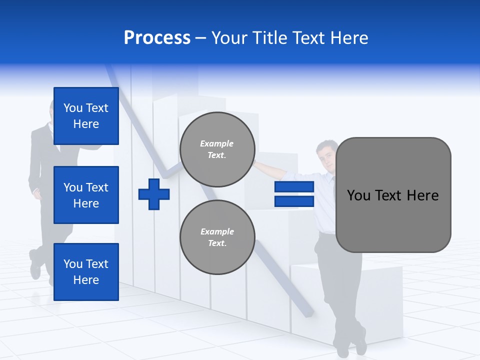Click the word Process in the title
157,38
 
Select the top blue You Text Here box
86,116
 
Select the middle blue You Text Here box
86,195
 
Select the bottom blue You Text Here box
86,271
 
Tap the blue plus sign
154,194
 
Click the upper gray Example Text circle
217,149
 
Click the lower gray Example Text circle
217,237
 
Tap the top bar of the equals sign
294,187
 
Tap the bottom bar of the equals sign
294,201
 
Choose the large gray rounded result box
393,195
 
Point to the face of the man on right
327,156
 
